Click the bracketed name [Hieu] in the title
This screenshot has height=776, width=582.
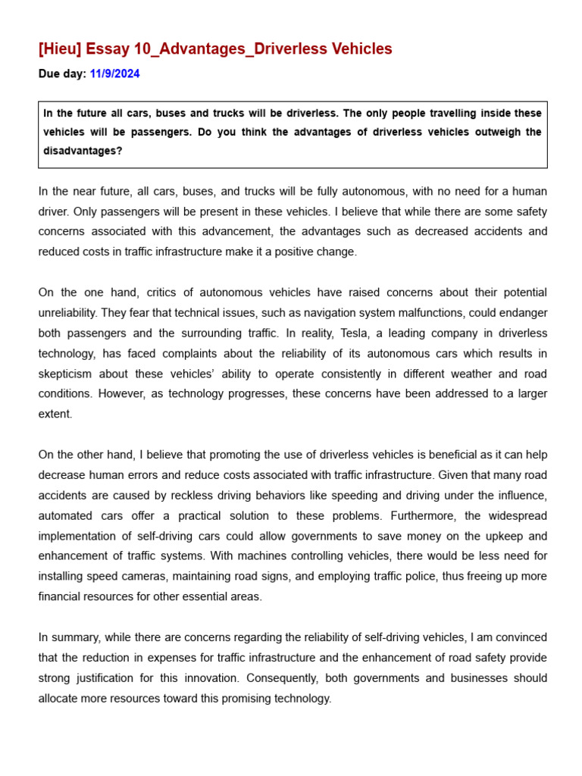[x=60, y=49]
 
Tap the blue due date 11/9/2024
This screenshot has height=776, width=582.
[x=114, y=74]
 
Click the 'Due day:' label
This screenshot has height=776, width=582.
[x=62, y=74]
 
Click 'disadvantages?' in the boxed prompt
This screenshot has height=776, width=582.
[x=83, y=152]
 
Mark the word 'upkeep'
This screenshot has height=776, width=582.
[x=486, y=536]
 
